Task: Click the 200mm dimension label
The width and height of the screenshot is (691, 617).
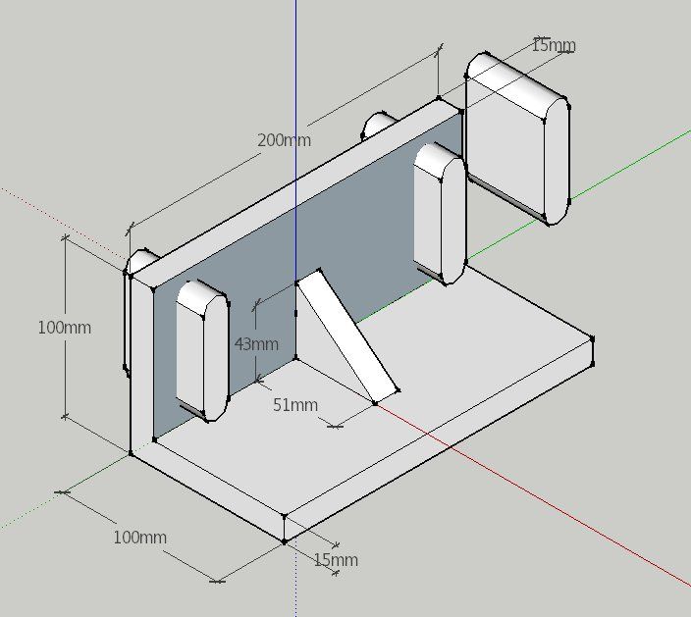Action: click(x=285, y=140)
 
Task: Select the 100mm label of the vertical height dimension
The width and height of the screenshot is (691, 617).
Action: click(x=65, y=328)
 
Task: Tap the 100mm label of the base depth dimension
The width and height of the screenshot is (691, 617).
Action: click(x=140, y=538)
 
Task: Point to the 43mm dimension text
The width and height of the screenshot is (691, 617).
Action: click(x=256, y=344)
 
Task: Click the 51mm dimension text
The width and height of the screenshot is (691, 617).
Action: click(x=295, y=405)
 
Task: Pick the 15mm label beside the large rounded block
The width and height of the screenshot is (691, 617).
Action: click(x=554, y=45)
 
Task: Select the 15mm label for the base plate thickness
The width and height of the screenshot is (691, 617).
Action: click(x=336, y=560)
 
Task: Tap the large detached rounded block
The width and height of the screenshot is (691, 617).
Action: click(x=518, y=138)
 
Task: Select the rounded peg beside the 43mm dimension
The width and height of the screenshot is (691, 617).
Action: click(x=203, y=350)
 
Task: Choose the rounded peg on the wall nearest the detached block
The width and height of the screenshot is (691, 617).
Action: click(x=441, y=214)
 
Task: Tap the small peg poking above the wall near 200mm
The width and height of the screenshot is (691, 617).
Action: click(x=378, y=125)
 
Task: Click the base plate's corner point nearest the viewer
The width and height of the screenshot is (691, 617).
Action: click(x=285, y=541)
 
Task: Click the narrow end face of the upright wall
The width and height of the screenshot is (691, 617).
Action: click(x=142, y=366)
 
